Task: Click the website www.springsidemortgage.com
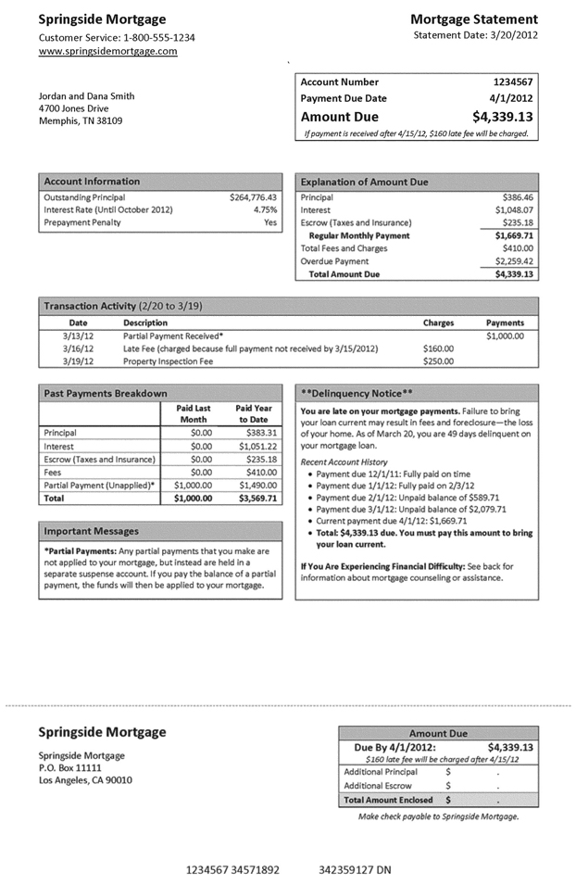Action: point(107,52)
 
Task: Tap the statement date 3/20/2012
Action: point(508,35)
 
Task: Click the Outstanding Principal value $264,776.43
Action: point(253,197)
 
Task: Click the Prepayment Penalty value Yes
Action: point(269,222)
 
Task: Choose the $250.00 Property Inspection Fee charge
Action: point(438,361)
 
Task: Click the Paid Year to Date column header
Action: point(253,413)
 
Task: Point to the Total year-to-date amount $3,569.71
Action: point(257,498)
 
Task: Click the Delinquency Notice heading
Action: point(357,393)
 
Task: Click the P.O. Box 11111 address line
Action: point(70,768)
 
